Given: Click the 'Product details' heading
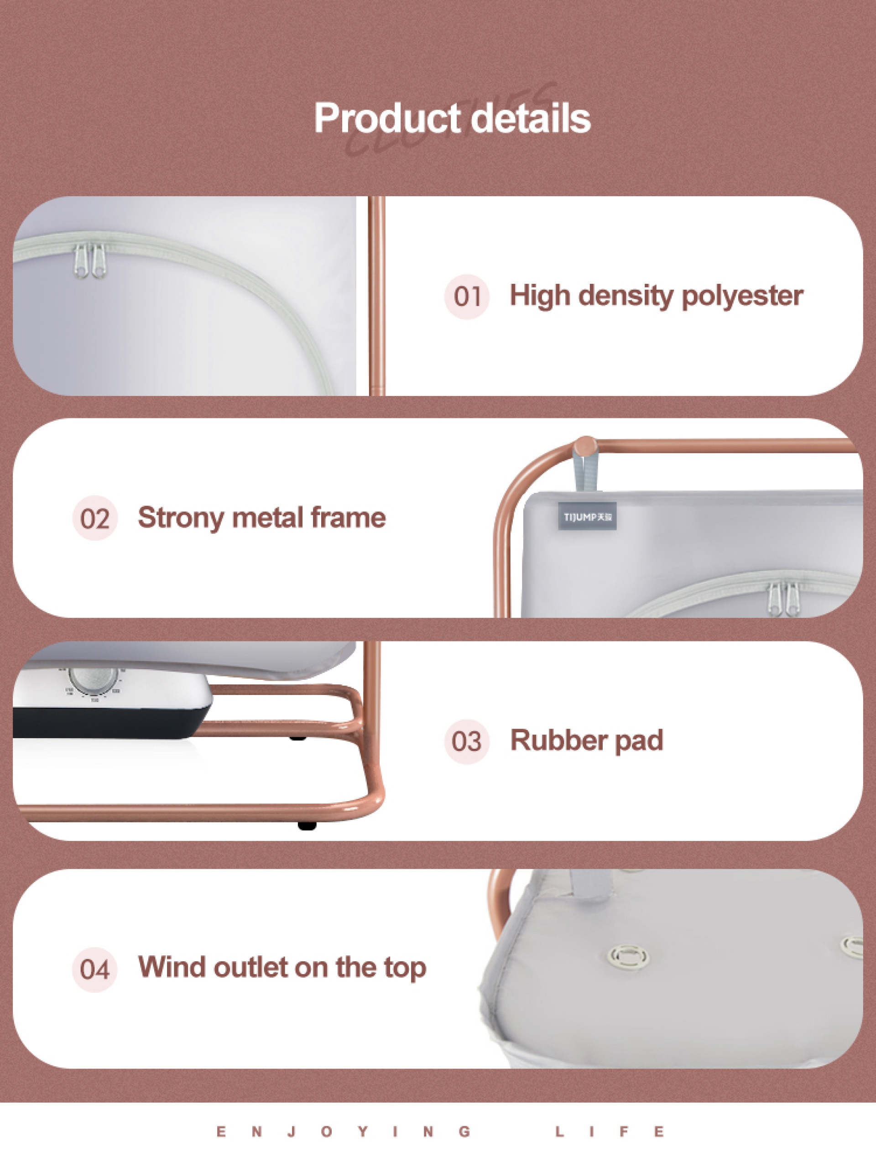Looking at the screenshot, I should pyautogui.click(x=452, y=118).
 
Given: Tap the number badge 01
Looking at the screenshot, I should pyautogui.click(x=467, y=296).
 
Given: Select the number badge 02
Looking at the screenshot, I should pyautogui.click(x=95, y=518).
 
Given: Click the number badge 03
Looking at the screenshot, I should pyautogui.click(x=467, y=741).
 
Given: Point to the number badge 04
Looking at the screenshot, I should pyautogui.click(x=95, y=969).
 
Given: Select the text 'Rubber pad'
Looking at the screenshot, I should pyautogui.click(x=586, y=740).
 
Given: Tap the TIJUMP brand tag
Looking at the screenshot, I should pyautogui.click(x=587, y=517).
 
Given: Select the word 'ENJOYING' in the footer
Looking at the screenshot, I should pyautogui.click(x=343, y=1131).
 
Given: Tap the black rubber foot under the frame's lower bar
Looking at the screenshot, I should pyautogui.click(x=306, y=825).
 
